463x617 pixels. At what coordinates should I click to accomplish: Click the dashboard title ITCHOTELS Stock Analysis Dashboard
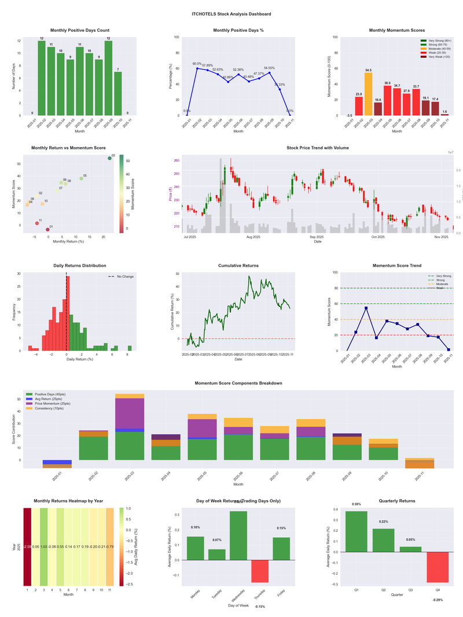(x=231, y=13)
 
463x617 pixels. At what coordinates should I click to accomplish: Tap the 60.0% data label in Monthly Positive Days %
(x=197, y=64)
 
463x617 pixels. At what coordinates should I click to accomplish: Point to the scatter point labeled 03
(x=109, y=158)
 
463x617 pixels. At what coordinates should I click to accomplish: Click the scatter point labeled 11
(x=37, y=223)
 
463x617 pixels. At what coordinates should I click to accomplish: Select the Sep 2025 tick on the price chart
(x=317, y=237)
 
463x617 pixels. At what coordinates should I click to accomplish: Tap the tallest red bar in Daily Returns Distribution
(x=68, y=313)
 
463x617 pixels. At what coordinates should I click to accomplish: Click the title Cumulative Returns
(x=238, y=266)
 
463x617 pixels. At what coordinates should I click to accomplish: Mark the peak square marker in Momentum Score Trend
(x=366, y=308)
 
